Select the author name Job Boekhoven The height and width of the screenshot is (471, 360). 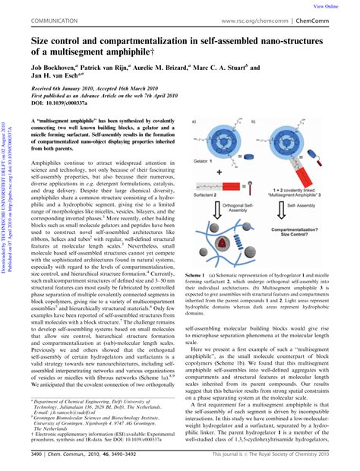[54, 66]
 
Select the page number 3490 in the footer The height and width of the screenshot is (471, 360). [39, 455]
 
